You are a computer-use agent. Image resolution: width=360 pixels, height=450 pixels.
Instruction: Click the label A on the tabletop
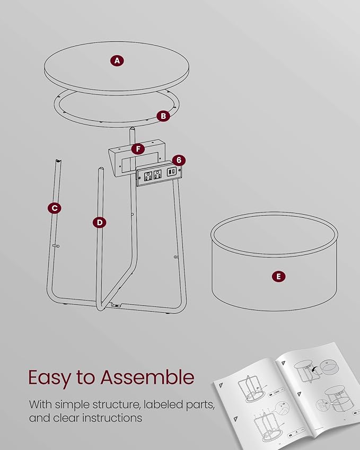(117, 60)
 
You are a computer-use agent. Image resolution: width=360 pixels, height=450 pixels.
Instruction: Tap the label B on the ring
(163, 116)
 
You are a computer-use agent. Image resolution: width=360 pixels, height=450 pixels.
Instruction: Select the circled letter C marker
(55, 208)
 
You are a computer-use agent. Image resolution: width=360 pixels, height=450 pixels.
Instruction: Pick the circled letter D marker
(100, 223)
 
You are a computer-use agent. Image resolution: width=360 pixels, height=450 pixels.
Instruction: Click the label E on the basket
(278, 277)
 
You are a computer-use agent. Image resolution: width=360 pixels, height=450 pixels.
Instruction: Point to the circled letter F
(138, 148)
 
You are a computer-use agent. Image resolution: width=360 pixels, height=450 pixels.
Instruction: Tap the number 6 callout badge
(179, 160)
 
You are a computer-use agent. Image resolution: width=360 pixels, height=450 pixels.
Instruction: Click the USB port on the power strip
(171, 172)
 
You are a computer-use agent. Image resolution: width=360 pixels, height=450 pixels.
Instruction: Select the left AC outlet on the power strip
(148, 175)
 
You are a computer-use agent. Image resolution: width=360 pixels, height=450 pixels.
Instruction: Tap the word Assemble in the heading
(147, 377)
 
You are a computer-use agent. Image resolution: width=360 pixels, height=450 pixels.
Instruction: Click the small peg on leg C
(56, 245)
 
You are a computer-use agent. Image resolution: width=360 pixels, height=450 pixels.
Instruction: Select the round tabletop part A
(117, 68)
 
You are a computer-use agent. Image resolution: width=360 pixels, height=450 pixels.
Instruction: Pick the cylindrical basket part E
(275, 261)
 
